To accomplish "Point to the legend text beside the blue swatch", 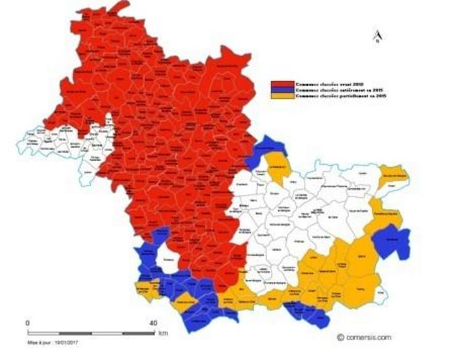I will point(326,90).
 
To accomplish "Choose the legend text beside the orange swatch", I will point(327,97).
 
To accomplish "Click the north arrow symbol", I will point(376,36).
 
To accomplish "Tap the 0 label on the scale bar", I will point(27,323).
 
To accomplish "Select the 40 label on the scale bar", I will point(153,323).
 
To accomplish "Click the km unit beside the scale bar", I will point(163,333).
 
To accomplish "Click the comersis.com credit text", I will point(365,337).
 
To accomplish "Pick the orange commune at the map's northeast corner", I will point(393,174).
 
